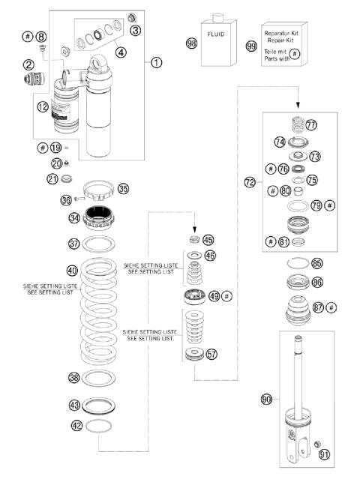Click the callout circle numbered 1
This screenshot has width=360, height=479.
tap(156, 63)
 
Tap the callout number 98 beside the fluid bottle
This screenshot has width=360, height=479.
tap(191, 44)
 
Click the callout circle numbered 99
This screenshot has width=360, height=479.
tap(250, 44)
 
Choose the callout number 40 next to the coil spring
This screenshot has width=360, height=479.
tap(72, 271)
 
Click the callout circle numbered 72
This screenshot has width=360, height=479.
tap(250, 182)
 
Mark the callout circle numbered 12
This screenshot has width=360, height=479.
tap(43, 107)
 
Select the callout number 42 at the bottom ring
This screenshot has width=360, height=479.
tap(75, 425)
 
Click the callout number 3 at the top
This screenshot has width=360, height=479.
tap(135, 30)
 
